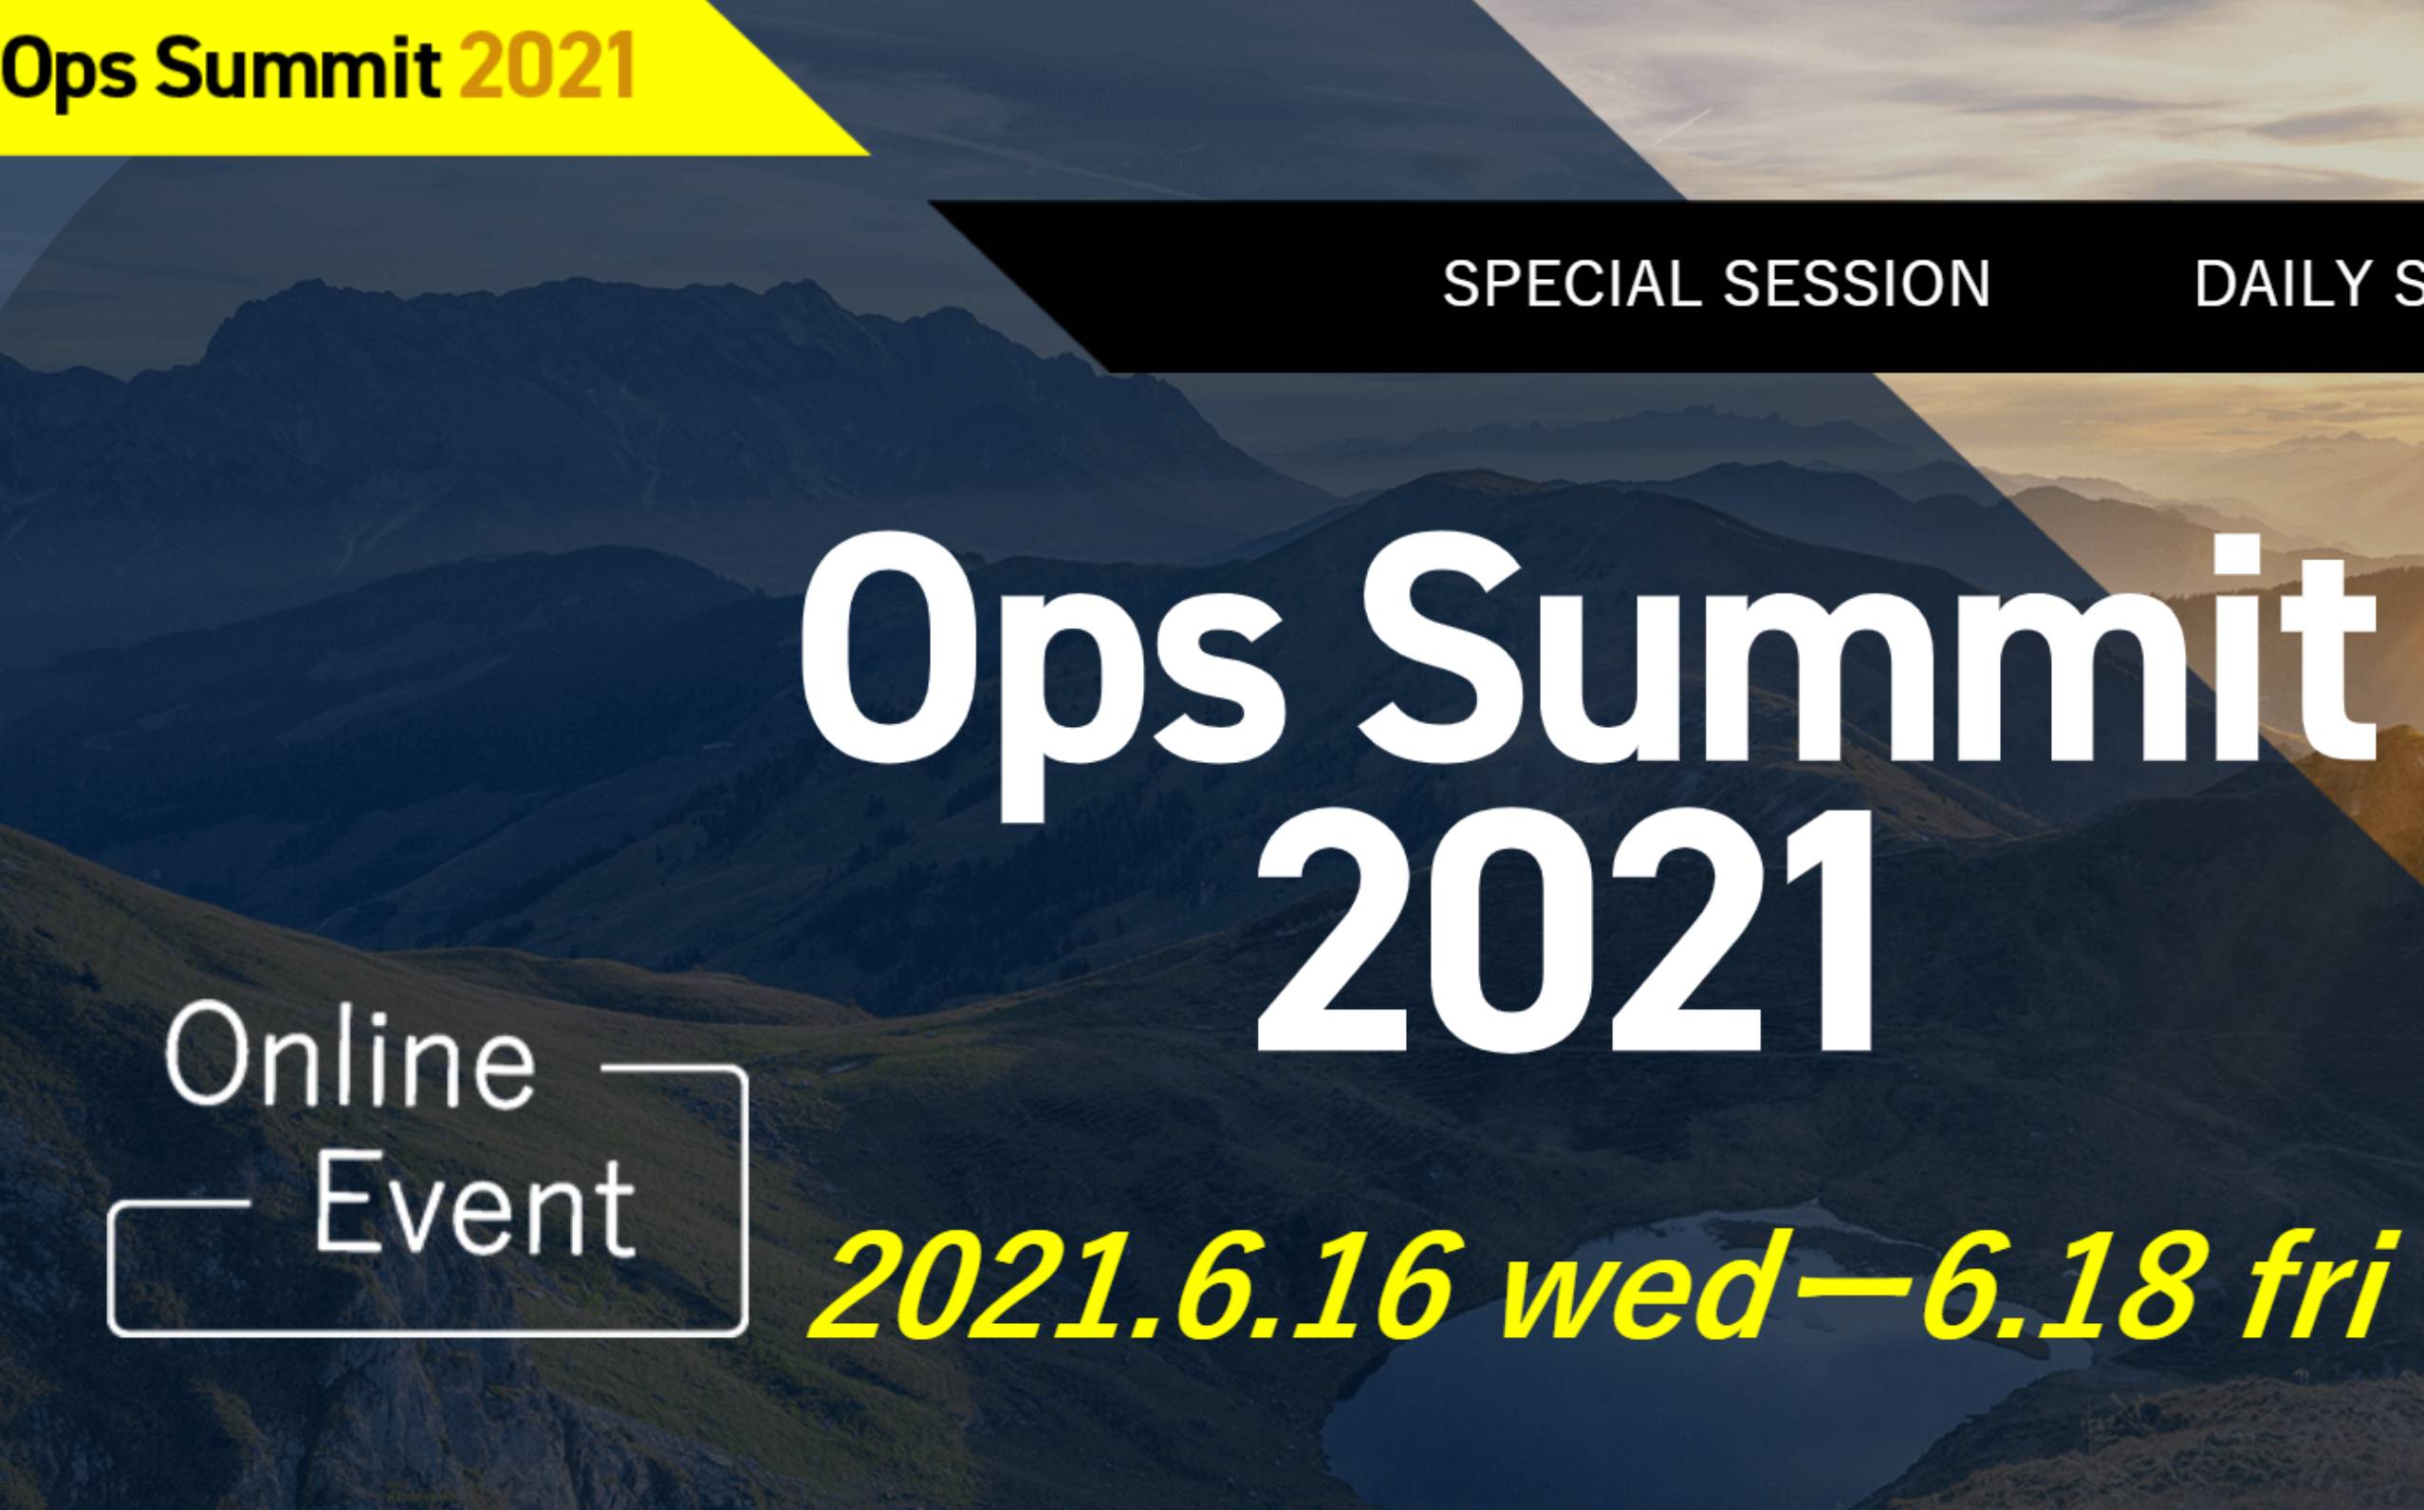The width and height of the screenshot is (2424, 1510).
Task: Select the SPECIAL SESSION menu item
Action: [1716, 285]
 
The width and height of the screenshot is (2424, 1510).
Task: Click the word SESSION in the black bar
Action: [1857, 285]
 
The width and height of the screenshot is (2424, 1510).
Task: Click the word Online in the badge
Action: [350, 1059]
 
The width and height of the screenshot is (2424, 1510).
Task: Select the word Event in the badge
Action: [475, 1209]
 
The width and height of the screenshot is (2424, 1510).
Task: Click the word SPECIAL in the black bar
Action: [1572, 285]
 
